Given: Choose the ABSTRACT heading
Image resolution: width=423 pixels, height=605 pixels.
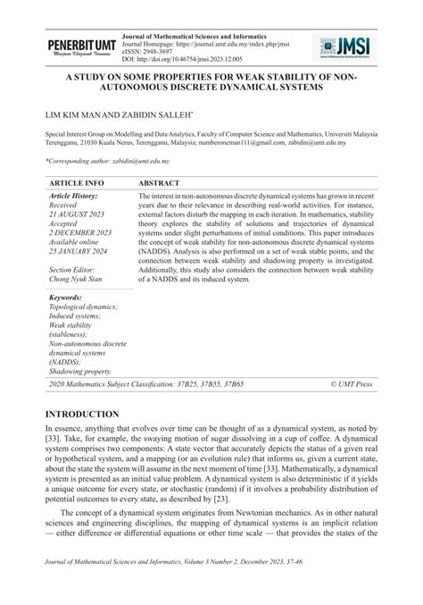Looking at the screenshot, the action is tap(161, 182).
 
